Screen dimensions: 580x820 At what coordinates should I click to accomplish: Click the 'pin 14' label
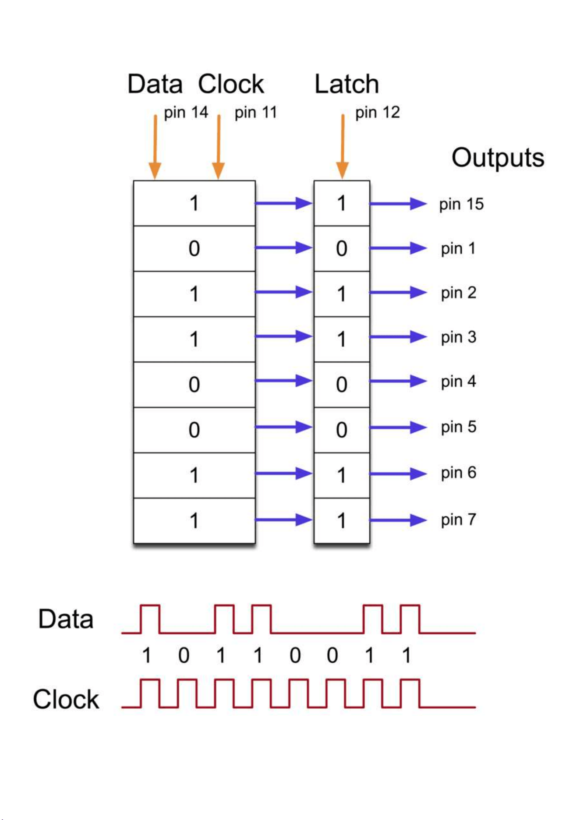click(186, 113)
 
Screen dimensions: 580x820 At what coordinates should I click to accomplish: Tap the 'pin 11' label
click(256, 113)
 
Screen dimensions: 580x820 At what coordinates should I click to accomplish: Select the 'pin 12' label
click(378, 113)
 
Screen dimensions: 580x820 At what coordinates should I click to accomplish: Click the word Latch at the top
click(347, 84)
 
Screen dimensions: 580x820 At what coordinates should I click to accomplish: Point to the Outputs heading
click(498, 158)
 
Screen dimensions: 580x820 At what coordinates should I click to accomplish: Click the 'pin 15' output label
click(461, 205)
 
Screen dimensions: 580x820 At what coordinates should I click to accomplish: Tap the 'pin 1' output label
click(458, 249)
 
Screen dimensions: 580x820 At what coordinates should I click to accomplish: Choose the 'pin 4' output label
click(458, 382)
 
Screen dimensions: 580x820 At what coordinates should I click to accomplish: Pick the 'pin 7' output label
click(458, 520)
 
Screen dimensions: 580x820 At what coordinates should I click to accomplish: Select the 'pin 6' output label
click(458, 473)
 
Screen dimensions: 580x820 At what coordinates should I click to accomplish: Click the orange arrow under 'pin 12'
click(343, 147)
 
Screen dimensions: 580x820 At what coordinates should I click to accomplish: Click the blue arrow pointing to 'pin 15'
click(398, 204)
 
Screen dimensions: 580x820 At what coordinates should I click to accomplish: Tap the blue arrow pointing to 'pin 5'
click(398, 427)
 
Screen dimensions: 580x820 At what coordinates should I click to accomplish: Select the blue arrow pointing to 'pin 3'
click(398, 337)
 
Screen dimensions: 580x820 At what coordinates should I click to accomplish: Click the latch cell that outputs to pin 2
click(342, 294)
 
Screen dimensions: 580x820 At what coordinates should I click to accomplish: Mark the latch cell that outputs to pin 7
click(342, 521)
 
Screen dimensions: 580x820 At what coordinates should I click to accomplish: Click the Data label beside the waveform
click(66, 619)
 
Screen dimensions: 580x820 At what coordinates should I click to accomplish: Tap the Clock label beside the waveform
click(66, 700)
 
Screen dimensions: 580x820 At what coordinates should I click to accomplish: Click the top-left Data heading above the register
click(155, 84)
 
